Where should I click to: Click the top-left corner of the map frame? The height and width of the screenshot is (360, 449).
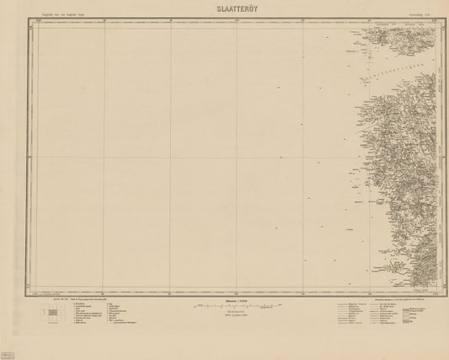(x=30, y=21)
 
